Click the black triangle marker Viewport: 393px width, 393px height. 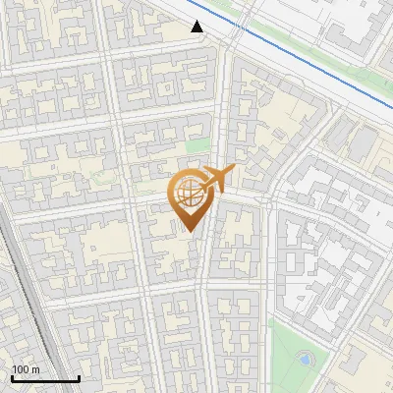(x=197, y=27)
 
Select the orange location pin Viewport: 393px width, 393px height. (x=189, y=197)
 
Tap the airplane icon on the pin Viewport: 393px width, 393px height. (x=217, y=179)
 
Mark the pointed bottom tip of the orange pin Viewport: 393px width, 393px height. (x=189, y=232)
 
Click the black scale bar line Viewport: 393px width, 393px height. (x=45, y=378)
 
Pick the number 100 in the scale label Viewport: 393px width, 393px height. (x=19, y=369)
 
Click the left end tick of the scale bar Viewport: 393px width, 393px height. (x=12, y=376)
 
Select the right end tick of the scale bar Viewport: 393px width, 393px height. (x=79, y=376)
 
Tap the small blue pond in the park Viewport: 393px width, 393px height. (x=305, y=360)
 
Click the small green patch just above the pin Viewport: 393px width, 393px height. (x=198, y=146)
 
